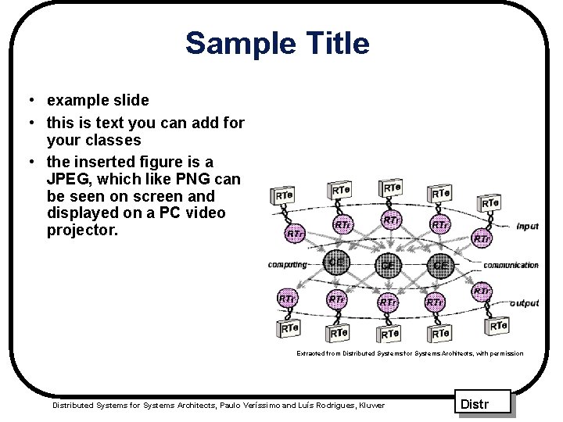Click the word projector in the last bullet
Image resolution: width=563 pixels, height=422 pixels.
[81, 231]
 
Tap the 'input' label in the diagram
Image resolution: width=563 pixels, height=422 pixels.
[527, 227]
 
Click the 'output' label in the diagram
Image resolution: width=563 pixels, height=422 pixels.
[524, 303]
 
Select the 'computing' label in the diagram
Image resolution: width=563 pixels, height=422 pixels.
[287, 264]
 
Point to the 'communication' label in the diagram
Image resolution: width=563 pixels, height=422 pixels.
[511, 265]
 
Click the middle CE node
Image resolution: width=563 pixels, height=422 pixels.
[387, 265]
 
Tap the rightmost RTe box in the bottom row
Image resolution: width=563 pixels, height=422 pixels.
[497, 325]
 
